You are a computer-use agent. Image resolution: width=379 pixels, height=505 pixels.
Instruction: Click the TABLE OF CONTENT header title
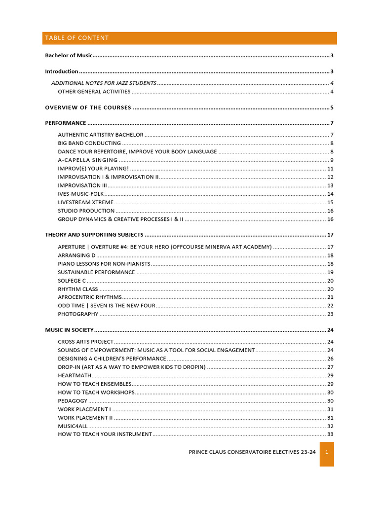tap(76, 38)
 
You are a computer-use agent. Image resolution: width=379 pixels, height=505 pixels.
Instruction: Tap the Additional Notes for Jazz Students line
tap(104, 83)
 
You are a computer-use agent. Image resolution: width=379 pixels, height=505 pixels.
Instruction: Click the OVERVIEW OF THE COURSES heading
tap(88, 108)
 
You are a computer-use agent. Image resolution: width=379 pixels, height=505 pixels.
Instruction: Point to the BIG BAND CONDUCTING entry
tap(89, 144)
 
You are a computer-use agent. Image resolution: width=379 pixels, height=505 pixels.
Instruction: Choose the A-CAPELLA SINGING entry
tap(88, 160)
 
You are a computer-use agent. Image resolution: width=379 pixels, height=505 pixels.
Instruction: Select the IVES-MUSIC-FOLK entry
tap(81, 194)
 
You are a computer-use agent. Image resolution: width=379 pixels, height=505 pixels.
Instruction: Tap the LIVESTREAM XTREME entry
tap(85, 202)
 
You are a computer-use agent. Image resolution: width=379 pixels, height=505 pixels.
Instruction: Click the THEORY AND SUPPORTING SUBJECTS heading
tap(94, 235)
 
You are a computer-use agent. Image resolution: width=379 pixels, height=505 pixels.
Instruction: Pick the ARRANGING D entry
tap(76, 255)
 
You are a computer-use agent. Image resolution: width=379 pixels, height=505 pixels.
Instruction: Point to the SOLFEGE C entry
tap(72, 281)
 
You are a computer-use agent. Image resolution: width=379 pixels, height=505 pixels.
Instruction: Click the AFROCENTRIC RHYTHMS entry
tap(89, 297)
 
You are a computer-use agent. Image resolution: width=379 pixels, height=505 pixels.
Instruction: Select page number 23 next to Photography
tap(330, 314)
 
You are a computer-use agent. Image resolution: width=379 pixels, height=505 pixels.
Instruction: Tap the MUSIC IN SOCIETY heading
tap(69, 330)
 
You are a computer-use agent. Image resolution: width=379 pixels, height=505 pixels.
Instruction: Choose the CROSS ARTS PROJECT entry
tap(85, 342)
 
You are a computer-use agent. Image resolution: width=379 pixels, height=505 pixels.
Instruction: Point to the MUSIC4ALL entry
tap(73, 426)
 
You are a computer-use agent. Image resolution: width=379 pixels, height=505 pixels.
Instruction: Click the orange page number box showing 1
tap(327, 452)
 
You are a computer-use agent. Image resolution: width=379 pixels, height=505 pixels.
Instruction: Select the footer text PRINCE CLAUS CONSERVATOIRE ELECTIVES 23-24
tap(252, 452)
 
